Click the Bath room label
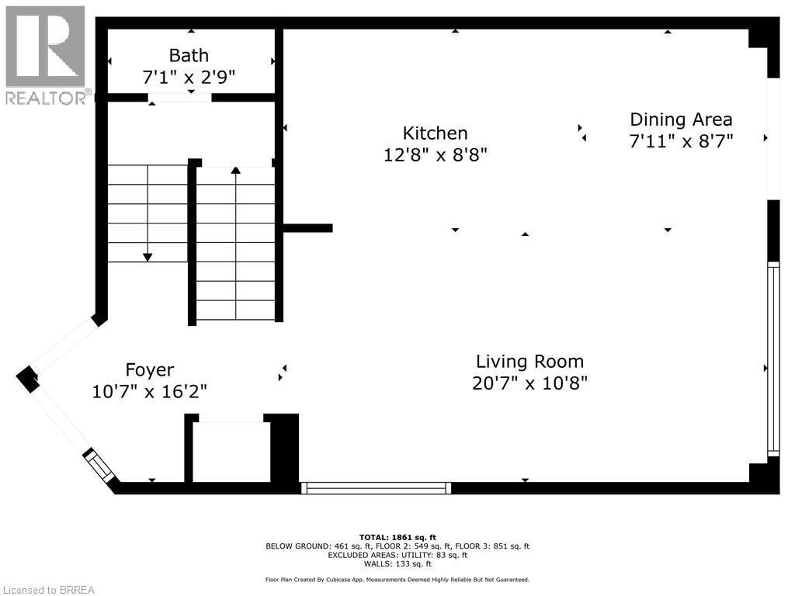pos(189,55)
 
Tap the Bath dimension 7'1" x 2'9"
pos(189,77)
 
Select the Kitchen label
pos(435,133)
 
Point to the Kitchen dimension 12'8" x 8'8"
pos(435,154)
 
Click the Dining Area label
pos(681,120)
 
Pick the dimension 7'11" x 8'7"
pos(681,140)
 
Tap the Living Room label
pos(529,362)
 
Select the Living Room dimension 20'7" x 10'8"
pos(529,383)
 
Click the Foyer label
pos(150,370)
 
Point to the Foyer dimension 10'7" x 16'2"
pos(150,391)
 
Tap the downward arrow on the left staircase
pos(148,256)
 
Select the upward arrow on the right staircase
pos(235,170)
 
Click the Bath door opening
pos(179,98)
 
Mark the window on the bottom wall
pos(376,488)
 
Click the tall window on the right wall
pos(772,359)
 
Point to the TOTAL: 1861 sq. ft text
pos(397,537)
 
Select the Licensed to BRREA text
pos(48,590)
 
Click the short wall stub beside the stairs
pos(308,228)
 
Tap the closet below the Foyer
pos(231,452)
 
